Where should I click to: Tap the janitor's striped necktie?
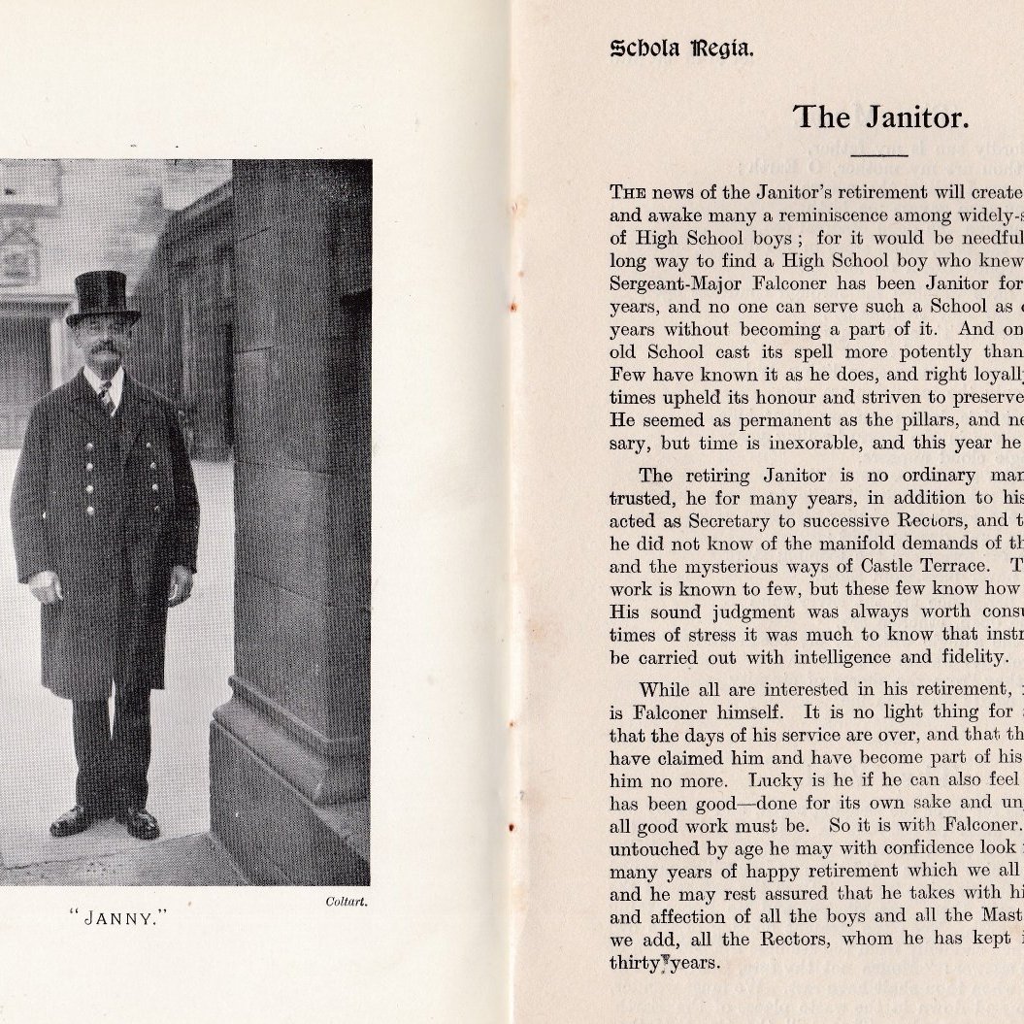click(106, 396)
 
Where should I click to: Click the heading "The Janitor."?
click(880, 117)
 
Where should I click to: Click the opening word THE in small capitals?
click(626, 193)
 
